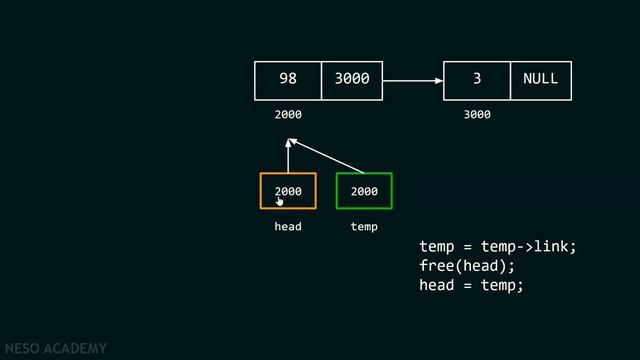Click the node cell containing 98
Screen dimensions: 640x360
click(x=288, y=80)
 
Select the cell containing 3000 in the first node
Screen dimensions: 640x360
click(x=351, y=80)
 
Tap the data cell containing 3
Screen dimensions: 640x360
click(x=477, y=80)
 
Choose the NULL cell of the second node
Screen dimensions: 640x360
click(x=540, y=80)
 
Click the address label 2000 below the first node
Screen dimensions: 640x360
click(x=288, y=115)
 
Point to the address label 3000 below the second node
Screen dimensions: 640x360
click(x=477, y=115)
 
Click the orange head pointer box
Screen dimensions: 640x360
click(x=288, y=191)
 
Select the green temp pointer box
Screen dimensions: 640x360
click(x=364, y=191)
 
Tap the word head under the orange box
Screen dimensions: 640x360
click(x=288, y=227)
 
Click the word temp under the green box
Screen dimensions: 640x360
click(x=364, y=227)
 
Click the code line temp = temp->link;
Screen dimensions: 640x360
click(x=498, y=246)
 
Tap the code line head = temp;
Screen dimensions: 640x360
click(x=471, y=285)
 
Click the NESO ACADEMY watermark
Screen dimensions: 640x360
click(x=55, y=349)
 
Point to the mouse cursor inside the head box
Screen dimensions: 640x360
click(x=281, y=200)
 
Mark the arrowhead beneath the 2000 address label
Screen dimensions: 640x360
click(x=288, y=141)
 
